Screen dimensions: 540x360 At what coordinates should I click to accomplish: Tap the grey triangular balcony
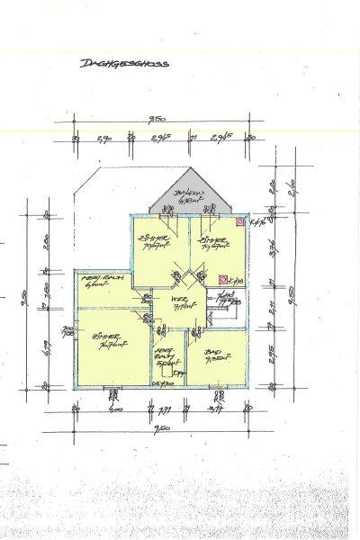point(189,193)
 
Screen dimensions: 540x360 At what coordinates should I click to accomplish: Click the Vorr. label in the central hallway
point(184,304)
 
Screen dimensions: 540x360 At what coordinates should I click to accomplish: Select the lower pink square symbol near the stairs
point(222,280)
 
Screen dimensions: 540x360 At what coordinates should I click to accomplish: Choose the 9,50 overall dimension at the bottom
point(163,427)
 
